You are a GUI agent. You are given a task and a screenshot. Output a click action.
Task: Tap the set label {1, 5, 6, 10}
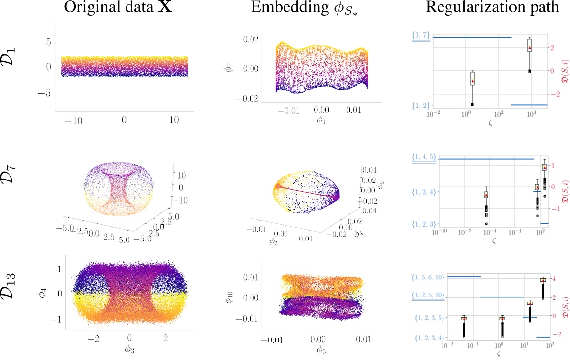pos(428,277)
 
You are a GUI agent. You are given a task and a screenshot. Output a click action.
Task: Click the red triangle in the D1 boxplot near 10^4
pos(529,48)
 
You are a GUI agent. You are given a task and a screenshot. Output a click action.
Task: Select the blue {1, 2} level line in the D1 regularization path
pos(529,105)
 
